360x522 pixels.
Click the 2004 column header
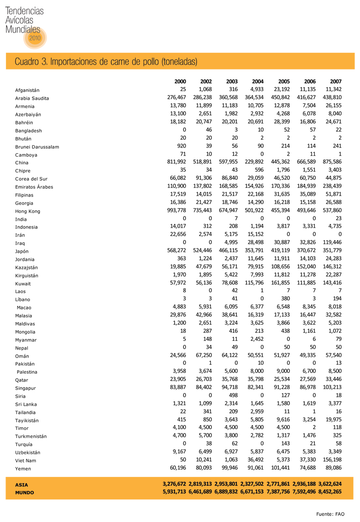coord(258,81)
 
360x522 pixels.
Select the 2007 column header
coord(335,81)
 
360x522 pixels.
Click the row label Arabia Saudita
coord(32,98)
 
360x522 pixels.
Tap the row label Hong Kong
coord(28,211)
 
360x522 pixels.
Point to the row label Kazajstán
coord(27,267)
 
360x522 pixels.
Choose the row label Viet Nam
coord(25,460)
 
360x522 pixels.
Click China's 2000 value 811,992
coord(177,162)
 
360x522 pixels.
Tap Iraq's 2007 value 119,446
coord(331,242)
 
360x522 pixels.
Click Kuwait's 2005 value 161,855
coord(280,282)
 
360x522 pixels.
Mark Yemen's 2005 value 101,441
coord(280,467)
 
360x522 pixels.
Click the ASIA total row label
coord(21,484)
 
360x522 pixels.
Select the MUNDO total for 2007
coord(330,491)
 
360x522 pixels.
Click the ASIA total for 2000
coord(174,484)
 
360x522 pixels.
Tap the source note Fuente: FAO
coord(330,514)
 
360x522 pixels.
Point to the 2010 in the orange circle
coord(35,38)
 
